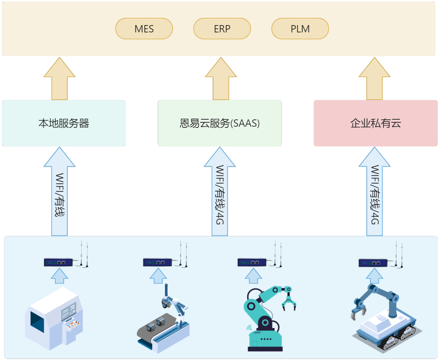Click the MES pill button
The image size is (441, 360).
pyautogui.click(x=144, y=29)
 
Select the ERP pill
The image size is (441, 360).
pyautogui.click(x=222, y=29)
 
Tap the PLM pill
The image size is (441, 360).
pyautogui.click(x=300, y=29)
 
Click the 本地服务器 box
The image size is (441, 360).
pyautogui.click(x=64, y=123)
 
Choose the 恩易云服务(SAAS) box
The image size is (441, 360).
pyautogui.click(x=220, y=123)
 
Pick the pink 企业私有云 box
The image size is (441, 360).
pyautogui.click(x=375, y=123)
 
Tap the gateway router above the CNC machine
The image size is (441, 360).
pyautogui.click(x=58, y=262)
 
